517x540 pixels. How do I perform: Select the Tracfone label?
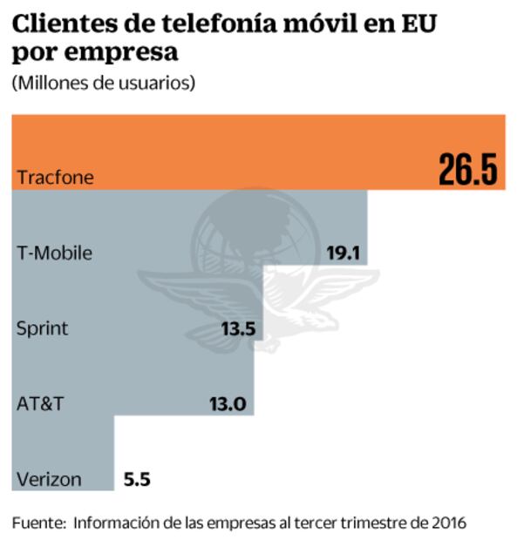pyautogui.click(x=54, y=179)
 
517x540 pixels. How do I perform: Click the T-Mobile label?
pyautogui.click(x=54, y=253)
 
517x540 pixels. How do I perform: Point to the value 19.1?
pyautogui.click(x=343, y=253)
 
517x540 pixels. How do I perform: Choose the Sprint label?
pyautogui.click(x=43, y=328)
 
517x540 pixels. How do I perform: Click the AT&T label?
pyautogui.click(x=40, y=403)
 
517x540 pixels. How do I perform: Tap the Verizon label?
pyautogui.click(x=49, y=479)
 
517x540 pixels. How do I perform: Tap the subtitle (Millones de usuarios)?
pyautogui.click(x=103, y=84)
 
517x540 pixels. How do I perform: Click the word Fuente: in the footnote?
pyautogui.click(x=38, y=523)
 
